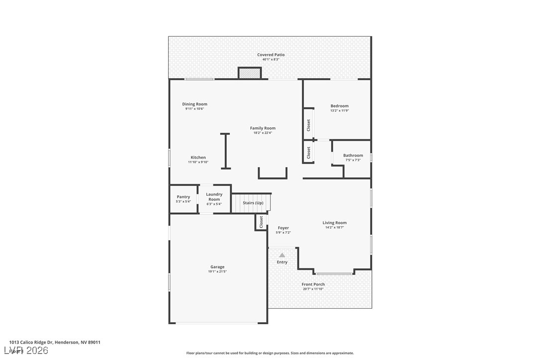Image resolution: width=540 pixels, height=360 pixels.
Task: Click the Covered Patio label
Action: (x=270, y=55)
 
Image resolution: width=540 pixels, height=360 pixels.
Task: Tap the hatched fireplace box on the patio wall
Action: (x=250, y=74)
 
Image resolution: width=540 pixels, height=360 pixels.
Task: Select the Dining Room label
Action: (x=194, y=104)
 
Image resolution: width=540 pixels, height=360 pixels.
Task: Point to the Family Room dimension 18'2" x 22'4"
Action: (x=263, y=133)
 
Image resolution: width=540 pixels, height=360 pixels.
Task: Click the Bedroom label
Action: (x=340, y=106)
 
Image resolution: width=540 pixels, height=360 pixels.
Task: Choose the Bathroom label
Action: (x=353, y=156)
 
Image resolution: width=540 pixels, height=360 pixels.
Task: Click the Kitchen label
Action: (x=198, y=158)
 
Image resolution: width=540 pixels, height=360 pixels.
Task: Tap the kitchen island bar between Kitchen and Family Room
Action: (x=225, y=151)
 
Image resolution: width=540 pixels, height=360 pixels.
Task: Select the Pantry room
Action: (x=183, y=199)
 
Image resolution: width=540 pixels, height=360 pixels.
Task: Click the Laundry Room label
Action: (x=214, y=196)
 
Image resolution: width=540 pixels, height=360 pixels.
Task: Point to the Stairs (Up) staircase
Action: (x=252, y=203)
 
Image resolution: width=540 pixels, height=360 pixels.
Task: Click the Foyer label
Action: (x=283, y=228)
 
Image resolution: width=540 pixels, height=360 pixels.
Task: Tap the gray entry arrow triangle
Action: (x=282, y=255)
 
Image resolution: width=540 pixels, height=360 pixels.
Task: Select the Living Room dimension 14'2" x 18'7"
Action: (x=334, y=227)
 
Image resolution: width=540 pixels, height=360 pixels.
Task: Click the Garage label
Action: (x=217, y=267)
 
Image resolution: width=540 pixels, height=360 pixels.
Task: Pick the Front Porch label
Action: (x=313, y=284)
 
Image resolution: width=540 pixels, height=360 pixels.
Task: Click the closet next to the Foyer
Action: (x=261, y=222)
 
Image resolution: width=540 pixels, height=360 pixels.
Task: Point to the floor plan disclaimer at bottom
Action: (x=270, y=353)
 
